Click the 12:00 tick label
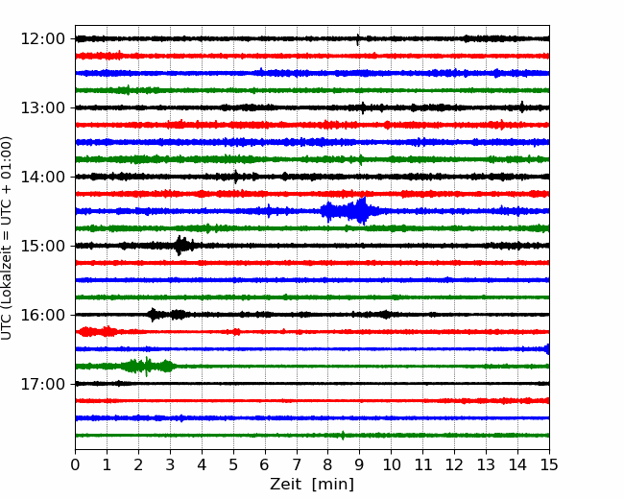42,39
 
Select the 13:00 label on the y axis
42,107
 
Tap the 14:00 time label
42,177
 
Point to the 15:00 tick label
42,246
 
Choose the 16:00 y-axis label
42,315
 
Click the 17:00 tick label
42,384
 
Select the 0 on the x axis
75,464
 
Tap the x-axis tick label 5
233,464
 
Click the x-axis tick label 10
391,464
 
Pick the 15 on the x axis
549,464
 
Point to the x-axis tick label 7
297,464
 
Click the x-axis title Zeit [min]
312,485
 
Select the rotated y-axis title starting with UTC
6,238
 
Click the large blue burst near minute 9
349,211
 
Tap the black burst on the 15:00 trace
184,246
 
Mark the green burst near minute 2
147,366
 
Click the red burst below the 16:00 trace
98,331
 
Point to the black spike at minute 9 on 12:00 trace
358,39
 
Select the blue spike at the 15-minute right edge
547,349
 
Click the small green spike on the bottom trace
343,435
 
